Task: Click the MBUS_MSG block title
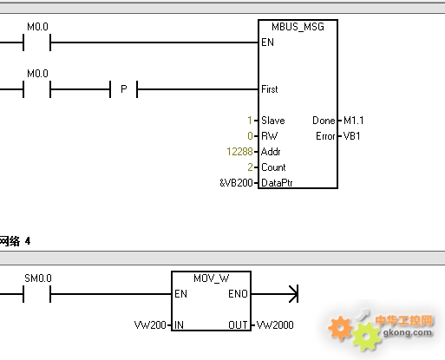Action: [x=298, y=27]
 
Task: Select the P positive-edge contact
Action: [x=124, y=89]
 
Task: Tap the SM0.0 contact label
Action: [x=38, y=278]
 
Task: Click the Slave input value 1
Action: [x=250, y=121]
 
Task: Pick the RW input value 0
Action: [x=250, y=136]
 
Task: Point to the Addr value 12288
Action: [x=239, y=152]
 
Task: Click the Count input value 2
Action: [x=250, y=167]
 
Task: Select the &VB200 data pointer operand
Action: [x=236, y=183]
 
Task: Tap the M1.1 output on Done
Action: [x=353, y=121]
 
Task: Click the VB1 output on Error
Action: [x=351, y=136]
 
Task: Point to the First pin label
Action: [x=270, y=89]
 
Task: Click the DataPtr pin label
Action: [x=277, y=183]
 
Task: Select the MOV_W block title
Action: [x=212, y=278]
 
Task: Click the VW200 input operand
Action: [x=150, y=325]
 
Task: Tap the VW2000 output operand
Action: [x=275, y=325]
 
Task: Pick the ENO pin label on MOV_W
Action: [x=238, y=294]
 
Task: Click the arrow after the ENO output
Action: [x=274, y=294]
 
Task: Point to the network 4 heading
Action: [x=15, y=241]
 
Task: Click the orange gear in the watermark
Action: [x=340, y=328]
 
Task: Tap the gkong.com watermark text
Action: [x=407, y=333]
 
